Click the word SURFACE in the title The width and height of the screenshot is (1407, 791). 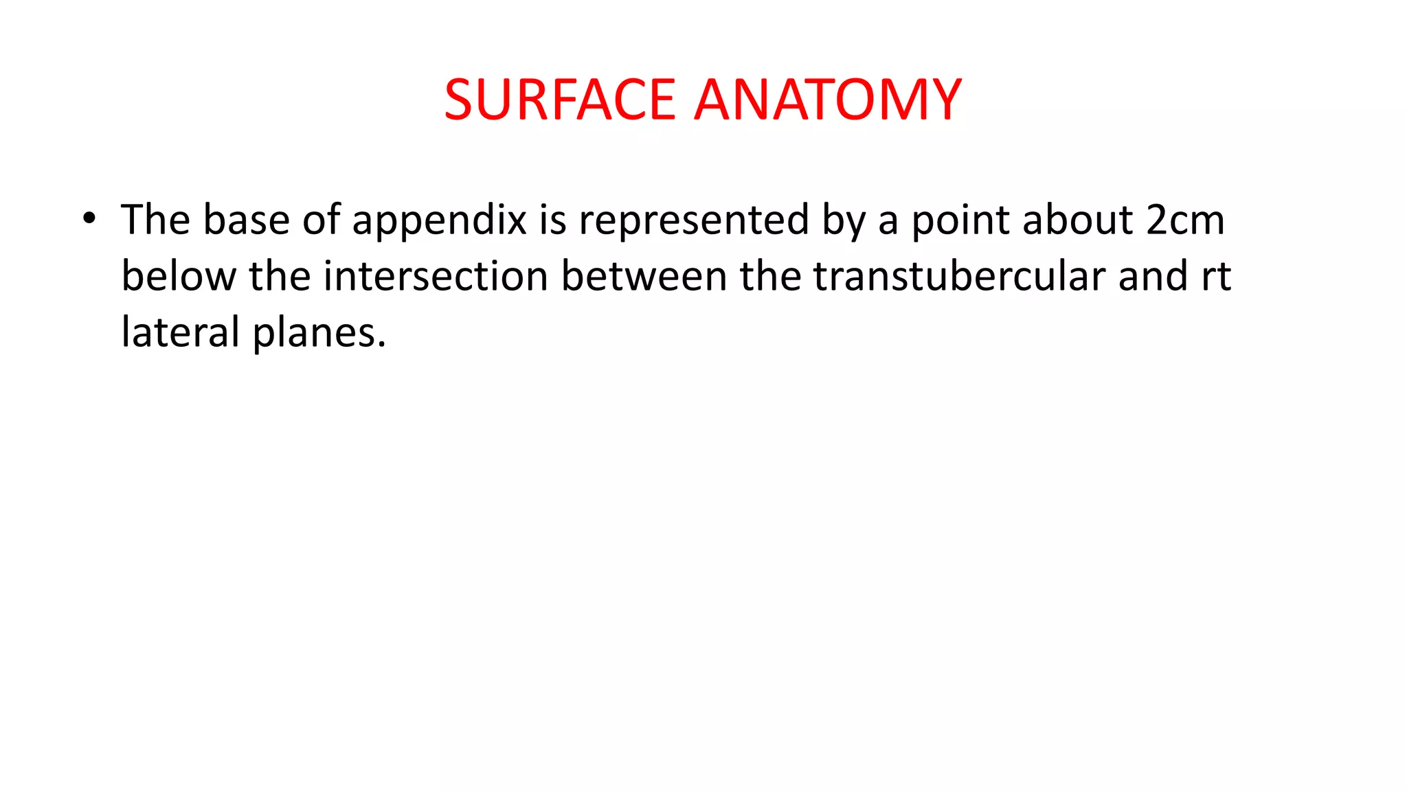point(560,100)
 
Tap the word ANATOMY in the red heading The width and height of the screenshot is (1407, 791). point(828,100)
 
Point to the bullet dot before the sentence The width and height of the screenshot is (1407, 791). point(89,219)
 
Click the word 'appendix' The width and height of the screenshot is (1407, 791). point(440,222)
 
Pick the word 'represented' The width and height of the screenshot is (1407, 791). point(694,220)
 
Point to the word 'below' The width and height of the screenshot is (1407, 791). point(179,277)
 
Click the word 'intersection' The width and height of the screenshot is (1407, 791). point(436,277)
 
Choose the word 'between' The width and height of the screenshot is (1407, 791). point(644,277)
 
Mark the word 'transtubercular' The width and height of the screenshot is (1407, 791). point(960,277)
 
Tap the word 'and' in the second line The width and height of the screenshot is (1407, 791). point(1153,277)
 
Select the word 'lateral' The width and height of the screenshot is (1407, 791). point(180,332)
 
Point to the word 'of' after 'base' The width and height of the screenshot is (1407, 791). point(321,220)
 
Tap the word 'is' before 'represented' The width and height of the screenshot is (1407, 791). point(552,220)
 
